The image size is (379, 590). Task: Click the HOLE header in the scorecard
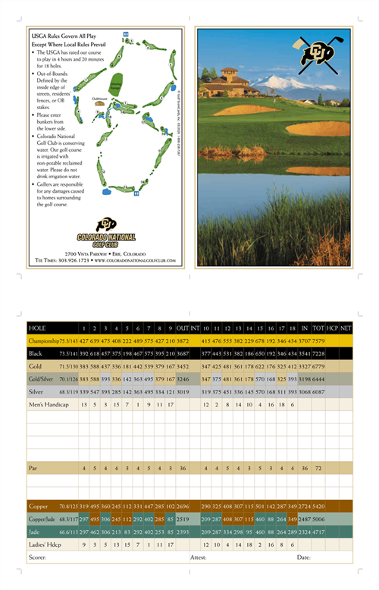click(37, 328)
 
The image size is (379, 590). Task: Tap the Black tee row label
click(36, 354)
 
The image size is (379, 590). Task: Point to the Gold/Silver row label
click(42, 378)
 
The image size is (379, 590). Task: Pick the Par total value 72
click(318, 468)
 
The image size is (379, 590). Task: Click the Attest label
click(199, 557)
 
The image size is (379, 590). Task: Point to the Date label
click(304, 557)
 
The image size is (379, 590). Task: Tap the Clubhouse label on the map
click(99, 99)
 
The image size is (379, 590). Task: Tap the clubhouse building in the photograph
click(227, 80)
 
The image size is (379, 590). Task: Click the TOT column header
click(318, 328)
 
